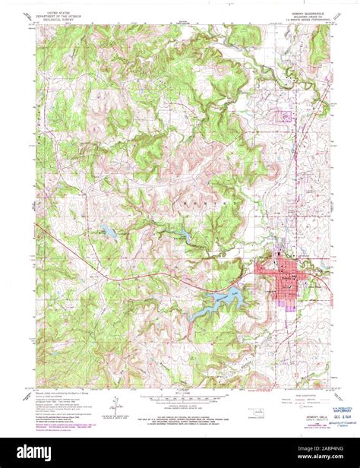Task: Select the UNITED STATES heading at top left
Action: pyautogui.click(x=56, y=14)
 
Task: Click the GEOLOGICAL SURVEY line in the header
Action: pyautogui.click(x=56, y=21)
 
